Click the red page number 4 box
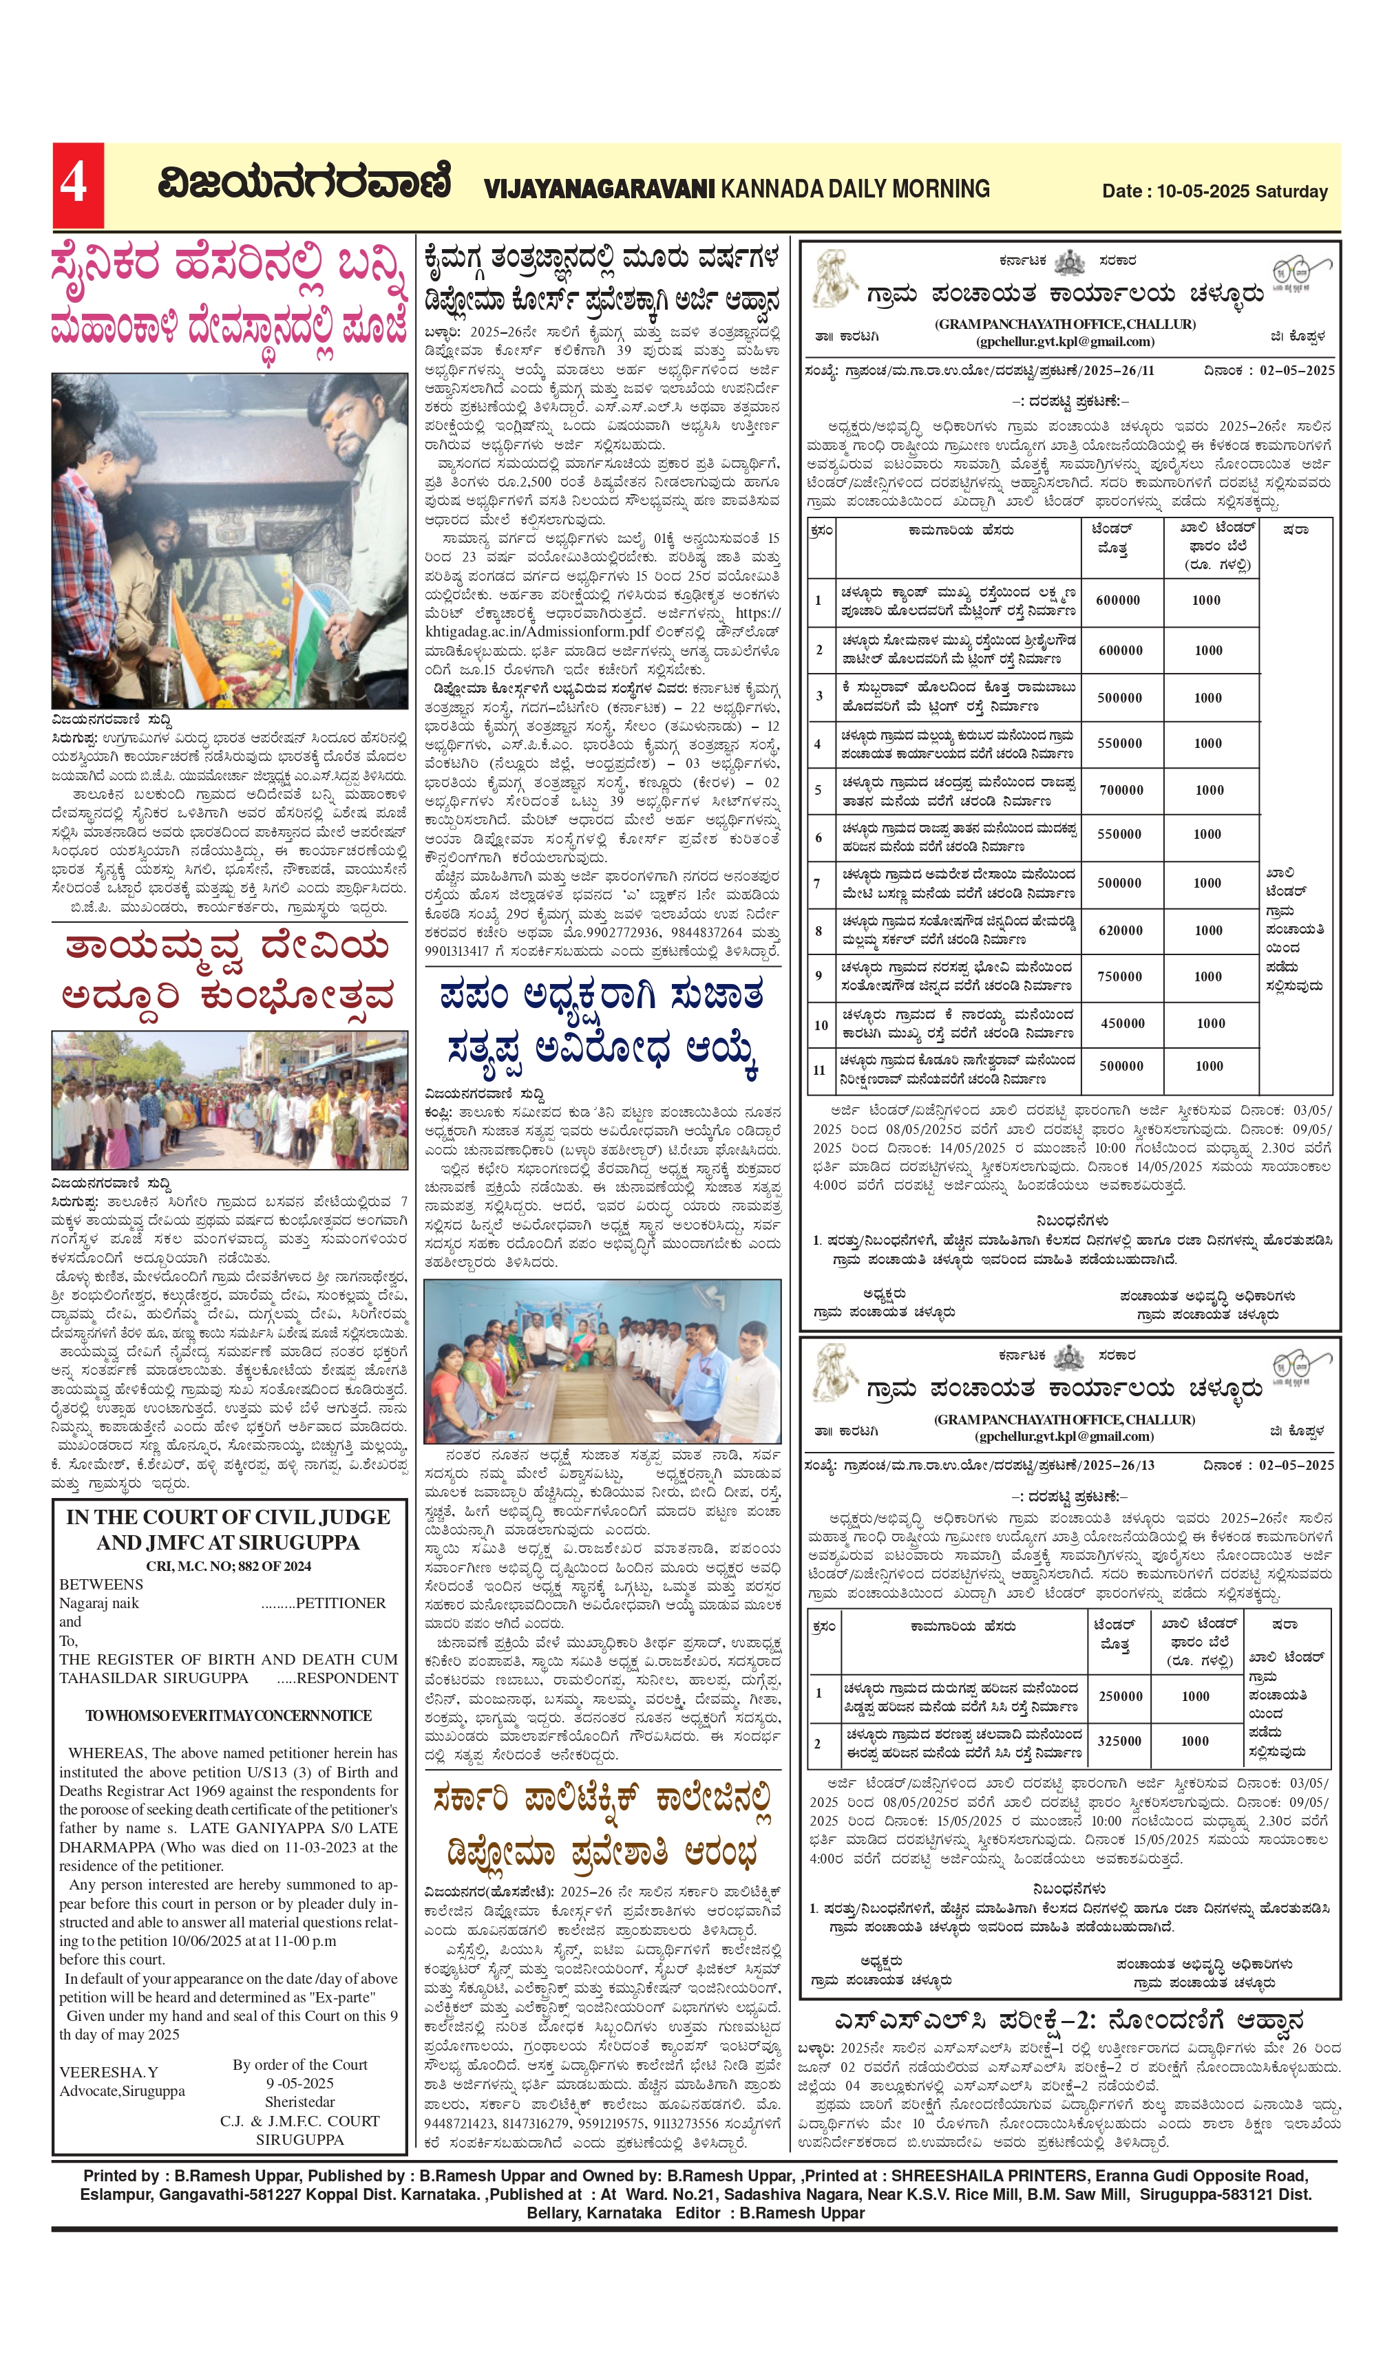click(x=77, y=184)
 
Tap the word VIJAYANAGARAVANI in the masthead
click(x=600, y=189)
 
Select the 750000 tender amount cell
click(x=1120, y=977)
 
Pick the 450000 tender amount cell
click(x=1123, y=1023)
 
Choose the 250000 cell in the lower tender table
click(x=1121, y=1696)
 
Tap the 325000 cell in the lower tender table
click(x=1120, y=1741)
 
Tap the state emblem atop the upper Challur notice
click(x=1070, y=261)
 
